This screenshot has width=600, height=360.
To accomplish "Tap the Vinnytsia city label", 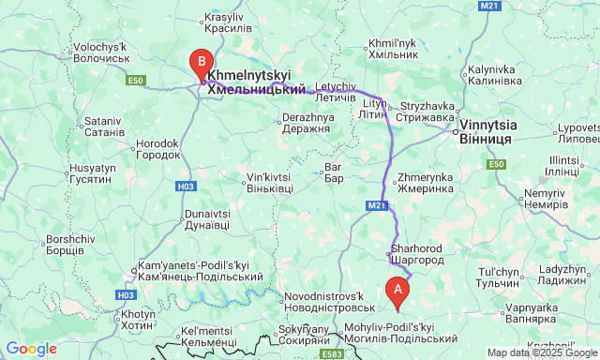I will tap(485, 130).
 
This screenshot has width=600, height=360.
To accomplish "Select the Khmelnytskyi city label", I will tap(255, 81).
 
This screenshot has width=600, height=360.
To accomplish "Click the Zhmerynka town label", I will tap(426, 182).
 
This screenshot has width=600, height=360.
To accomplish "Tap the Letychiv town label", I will tap(335, 92).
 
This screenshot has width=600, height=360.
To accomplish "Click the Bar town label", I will tap(334, 172).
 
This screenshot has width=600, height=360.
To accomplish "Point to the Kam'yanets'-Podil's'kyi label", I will tap(200, 271).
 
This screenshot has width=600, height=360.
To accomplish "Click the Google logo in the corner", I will tap(31, 349).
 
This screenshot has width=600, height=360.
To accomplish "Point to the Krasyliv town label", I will tap(222, 23).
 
